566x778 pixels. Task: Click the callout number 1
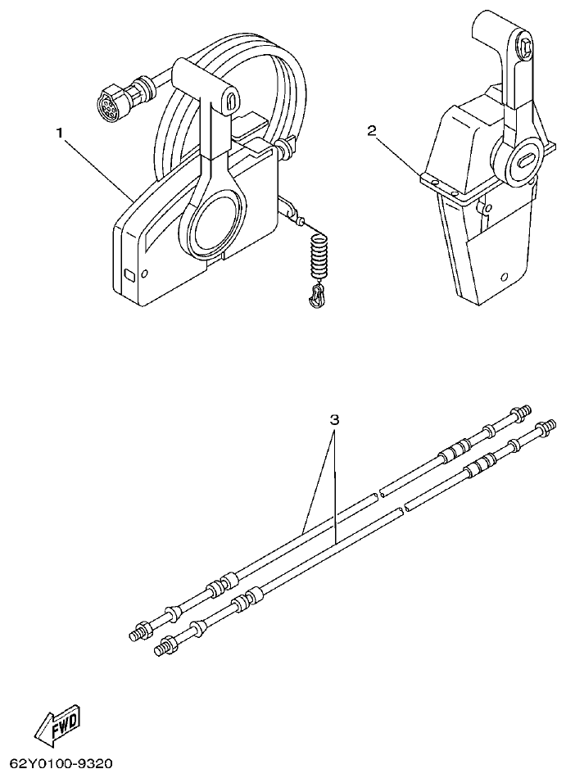click(x=59, y=132)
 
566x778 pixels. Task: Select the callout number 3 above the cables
click(x=334, y=419)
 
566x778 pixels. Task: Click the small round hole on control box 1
click(x=144, y=274)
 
